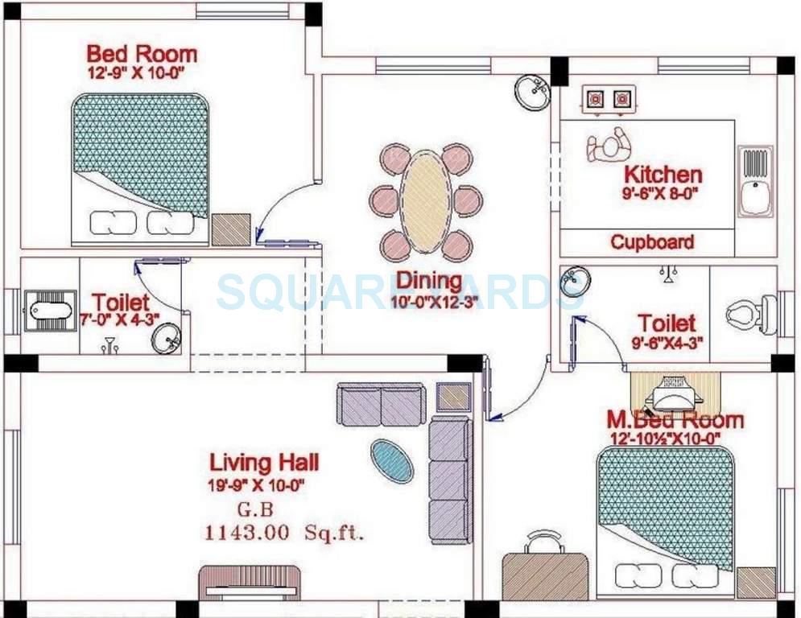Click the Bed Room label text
pos(141,55)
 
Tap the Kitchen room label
pos(663,174)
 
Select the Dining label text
pos(429,281)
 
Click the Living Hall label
pos(263,462)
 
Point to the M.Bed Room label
pos(675,420)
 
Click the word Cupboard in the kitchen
pos(651,241)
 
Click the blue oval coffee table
pos(392,461)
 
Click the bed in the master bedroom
pos(665,523)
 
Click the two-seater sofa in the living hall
pos(381,404)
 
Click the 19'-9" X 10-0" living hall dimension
pos(256,484)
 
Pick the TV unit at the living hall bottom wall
pos(250,583)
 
